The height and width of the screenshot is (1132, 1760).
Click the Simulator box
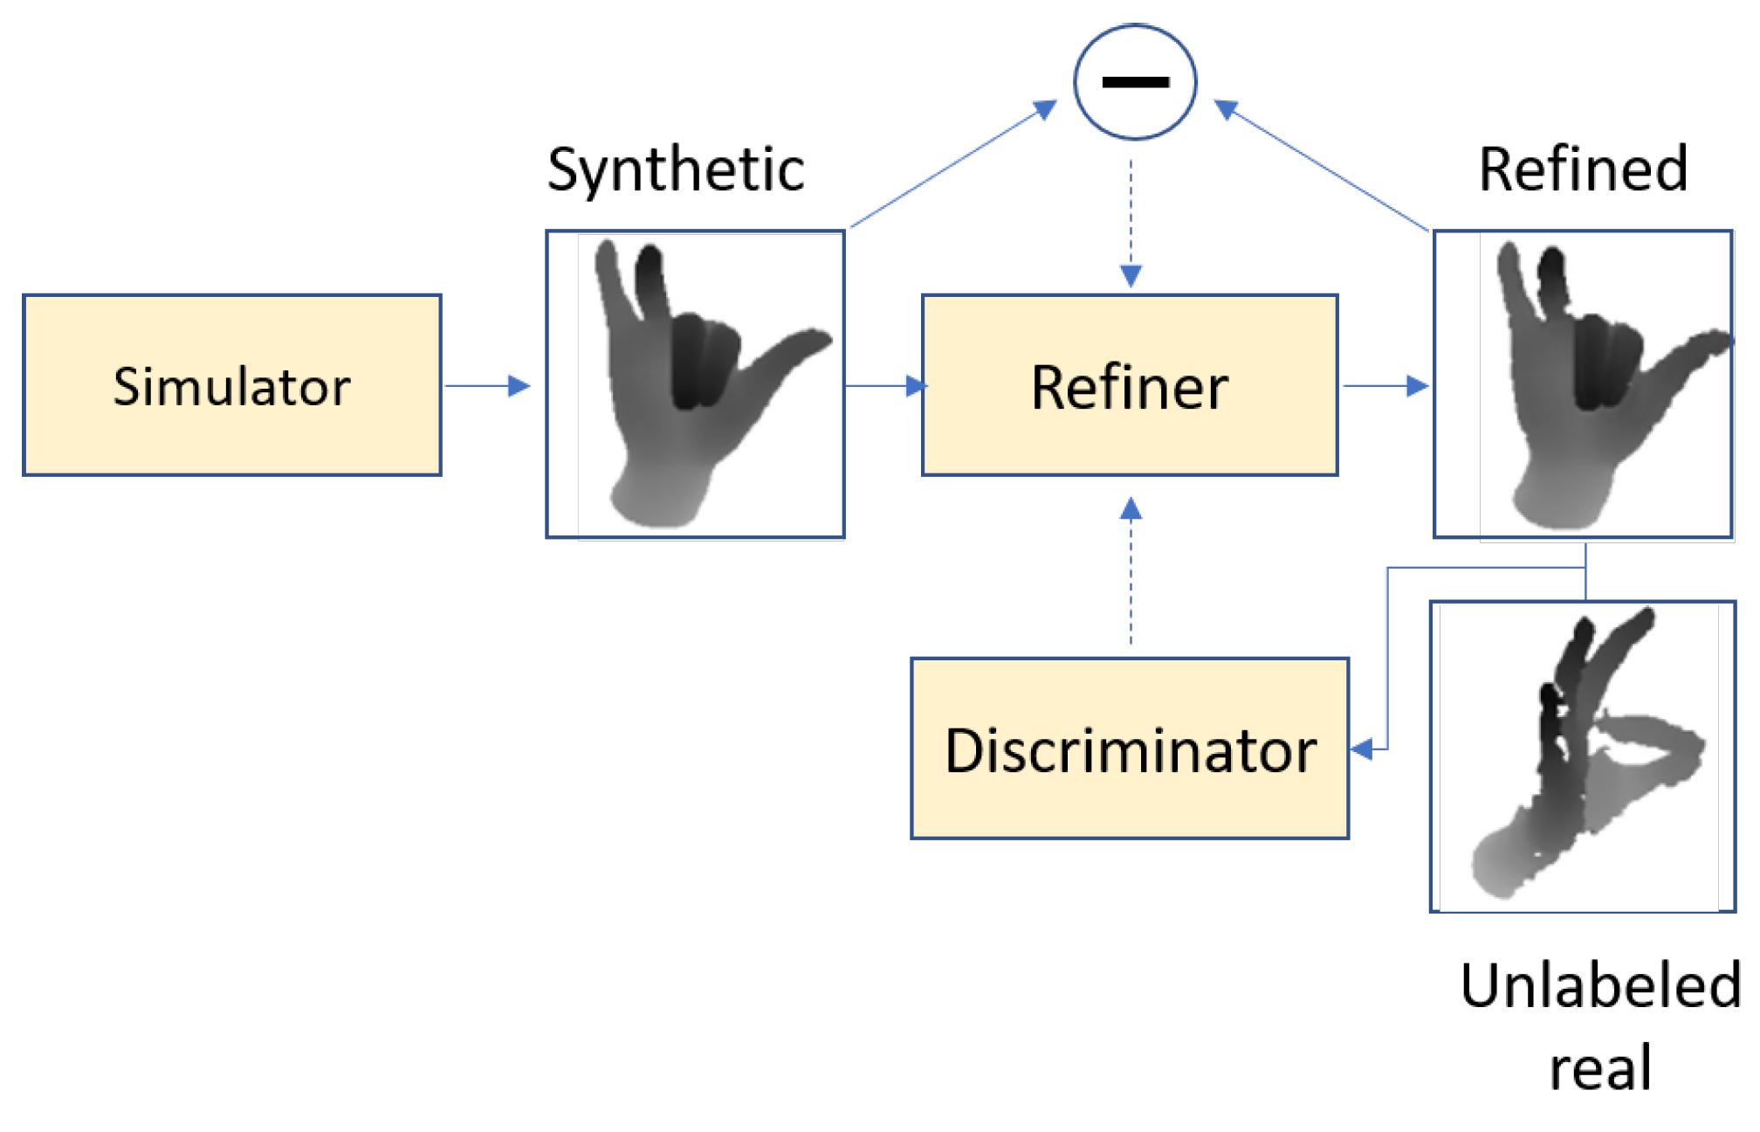pyautogui.click(x=231, y=385)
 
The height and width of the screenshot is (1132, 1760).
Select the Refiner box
pyautogui.click(x=1129, y=385)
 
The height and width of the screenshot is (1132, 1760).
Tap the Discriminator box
pyautogui.click(x=1129, y=749)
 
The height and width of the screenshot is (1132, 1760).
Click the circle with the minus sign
pyautogui.click(x=1134, y=82)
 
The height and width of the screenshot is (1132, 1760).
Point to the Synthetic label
pyautogui.click(x=675, y=169)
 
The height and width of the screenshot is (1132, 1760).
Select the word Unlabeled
pyautogui.click(x=1599, y=985)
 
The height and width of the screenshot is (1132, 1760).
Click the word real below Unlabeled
pyautogui.click(x=1599, y=1067)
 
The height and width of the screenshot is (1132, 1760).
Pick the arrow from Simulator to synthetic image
pyautogui.click(x=489, y=385)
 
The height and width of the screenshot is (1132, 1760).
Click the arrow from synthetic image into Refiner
pyautogui.click(x=883, y=385)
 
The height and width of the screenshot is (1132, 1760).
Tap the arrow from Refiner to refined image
pyautogui.click(x=1385, y=385)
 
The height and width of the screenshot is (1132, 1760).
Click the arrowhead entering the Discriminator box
pyautogui.click(x=1362, y=749)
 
